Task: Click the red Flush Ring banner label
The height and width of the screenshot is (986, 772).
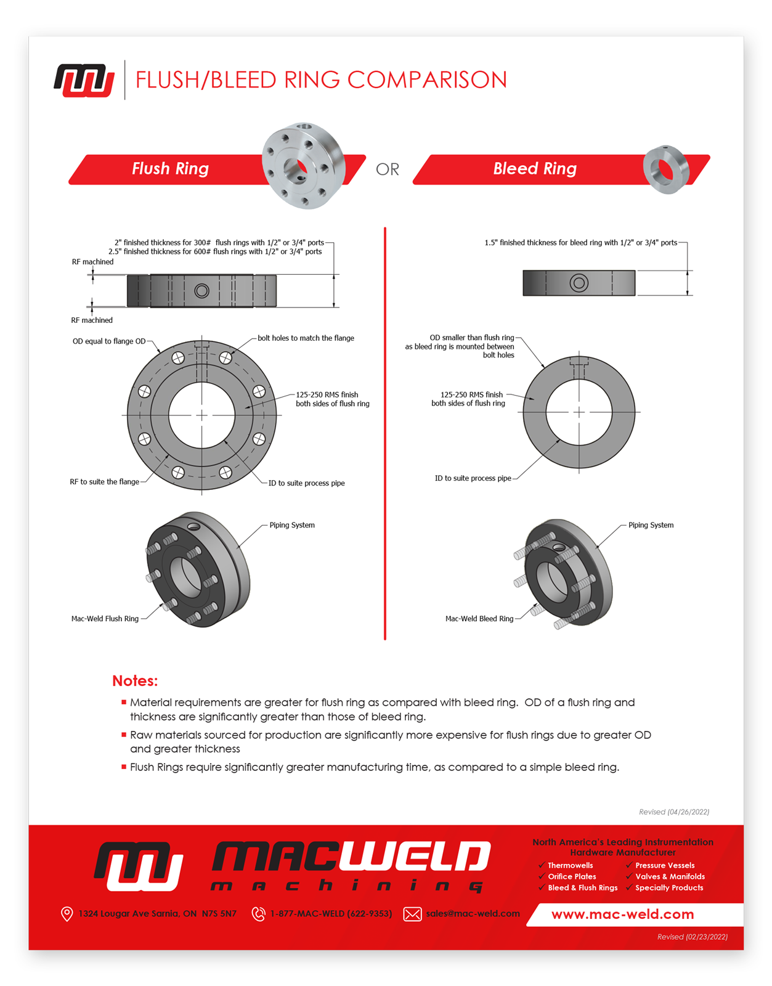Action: (x=170, y=169)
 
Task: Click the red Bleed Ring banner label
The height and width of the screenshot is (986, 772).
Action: (x=535, y=169)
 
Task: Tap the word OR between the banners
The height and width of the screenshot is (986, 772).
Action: (x=388, y=169)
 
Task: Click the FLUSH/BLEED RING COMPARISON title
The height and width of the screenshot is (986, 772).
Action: (x=321, y=80)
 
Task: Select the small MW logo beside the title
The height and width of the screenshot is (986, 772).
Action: (x=84, y=81)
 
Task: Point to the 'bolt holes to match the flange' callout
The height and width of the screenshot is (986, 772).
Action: (x=306, y=338)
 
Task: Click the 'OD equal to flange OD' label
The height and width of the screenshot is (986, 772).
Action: (x=109, y=341)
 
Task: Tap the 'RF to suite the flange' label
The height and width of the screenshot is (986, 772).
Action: (x=104, y=482)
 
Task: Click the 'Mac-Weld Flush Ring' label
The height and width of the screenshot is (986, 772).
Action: (x=105, y=619)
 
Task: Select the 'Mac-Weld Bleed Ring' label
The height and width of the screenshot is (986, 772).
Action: (x=479, y=619)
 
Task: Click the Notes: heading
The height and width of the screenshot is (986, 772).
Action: (x=135, y=681)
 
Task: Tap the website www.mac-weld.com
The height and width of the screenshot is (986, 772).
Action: (x=622, y=915)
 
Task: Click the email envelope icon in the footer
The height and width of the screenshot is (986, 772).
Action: (x=412, y=914)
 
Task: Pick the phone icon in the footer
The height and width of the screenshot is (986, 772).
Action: (x=259, y=914)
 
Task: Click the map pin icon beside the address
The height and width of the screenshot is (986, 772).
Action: (x=67, y=914)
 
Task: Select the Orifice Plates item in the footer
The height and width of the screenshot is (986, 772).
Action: (x=572, y=877)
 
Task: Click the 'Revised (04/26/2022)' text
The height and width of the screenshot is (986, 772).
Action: (x=674, y=812)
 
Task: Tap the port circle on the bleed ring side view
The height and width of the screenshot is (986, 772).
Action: (x=579, y=283)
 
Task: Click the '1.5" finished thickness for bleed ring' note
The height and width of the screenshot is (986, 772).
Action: (x=580, y=243)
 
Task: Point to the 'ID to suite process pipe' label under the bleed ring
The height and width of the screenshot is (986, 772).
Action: (x=473, y=478)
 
